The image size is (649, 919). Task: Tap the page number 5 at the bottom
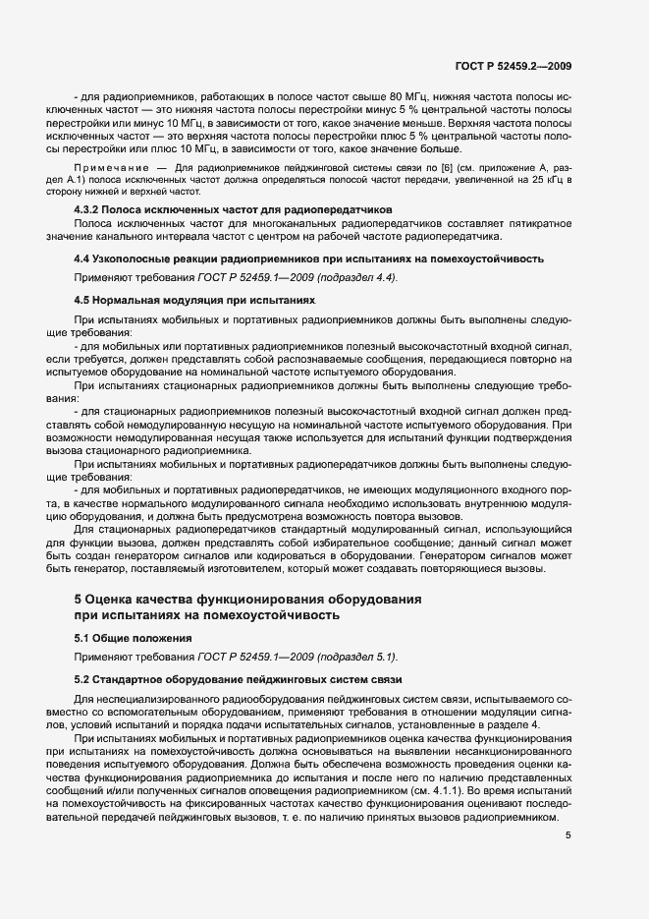pyautogui.click(x=568, y=836)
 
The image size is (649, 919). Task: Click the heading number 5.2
pyautogui.click(x=82, y=678)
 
